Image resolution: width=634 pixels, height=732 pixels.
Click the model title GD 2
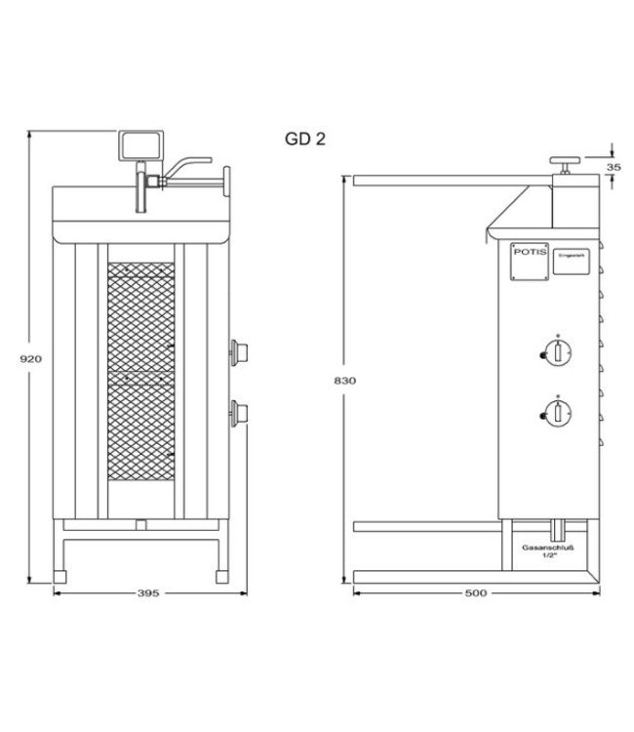tap(305, 139)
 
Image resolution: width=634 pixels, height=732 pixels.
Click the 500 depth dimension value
tap(477, 592)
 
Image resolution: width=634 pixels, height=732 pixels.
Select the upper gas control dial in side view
tap(555, 353)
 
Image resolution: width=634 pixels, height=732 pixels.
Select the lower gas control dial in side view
tap(555, 415)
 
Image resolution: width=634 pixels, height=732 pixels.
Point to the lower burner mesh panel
tap(142, 434)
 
